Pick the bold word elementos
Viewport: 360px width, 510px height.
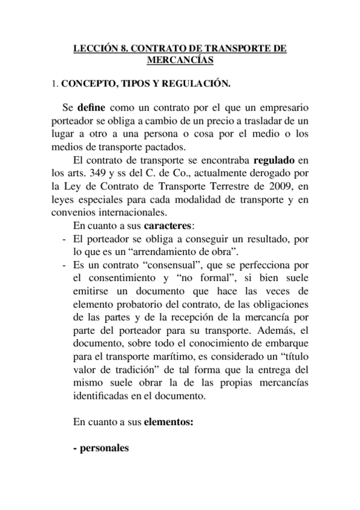[169, 423]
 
